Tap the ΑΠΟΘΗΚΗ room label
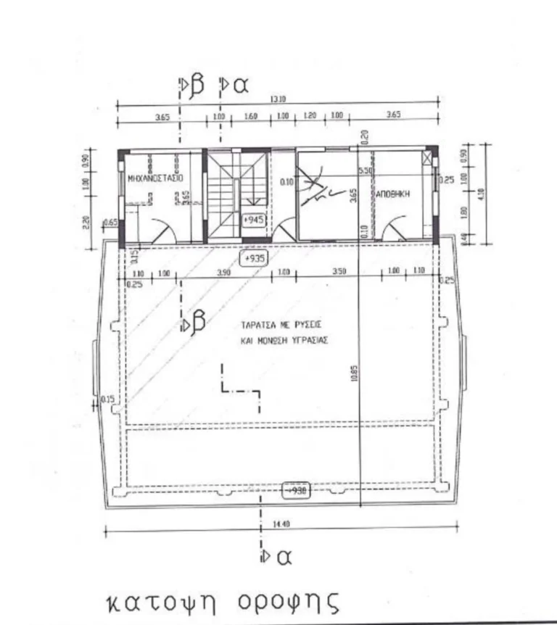tap(394, 194)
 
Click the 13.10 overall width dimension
tap(279, 99)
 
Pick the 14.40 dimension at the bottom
tap(281, 523)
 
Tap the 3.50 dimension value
tap(339, 273)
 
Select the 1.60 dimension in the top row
tap(251, 116)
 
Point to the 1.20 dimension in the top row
tap(310, 116)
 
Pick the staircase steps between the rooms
tap(223, 192)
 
